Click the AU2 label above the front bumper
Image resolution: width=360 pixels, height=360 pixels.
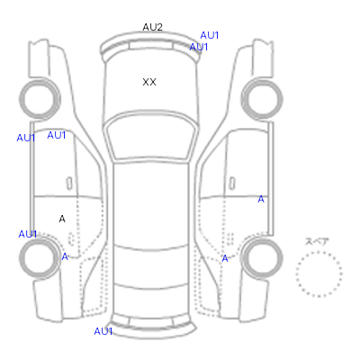(x=152, y=27)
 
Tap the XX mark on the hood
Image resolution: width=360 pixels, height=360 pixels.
(x=149, y=82)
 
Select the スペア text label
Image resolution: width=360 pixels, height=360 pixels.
(x=317, y=242)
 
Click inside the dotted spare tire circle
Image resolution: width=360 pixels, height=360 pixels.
(x=319, y=274)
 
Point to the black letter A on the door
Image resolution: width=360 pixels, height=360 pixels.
(x=62, y=219)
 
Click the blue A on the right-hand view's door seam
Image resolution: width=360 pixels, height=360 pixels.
(x=261, y=199)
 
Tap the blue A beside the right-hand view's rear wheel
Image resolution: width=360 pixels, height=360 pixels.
(x=225, y=258)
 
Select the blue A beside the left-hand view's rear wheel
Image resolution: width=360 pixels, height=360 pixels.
(x=65, y=256)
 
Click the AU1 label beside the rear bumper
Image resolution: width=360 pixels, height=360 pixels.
(x=103, y=331)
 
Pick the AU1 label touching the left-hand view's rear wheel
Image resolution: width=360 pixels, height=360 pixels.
(x=27, y=234)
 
